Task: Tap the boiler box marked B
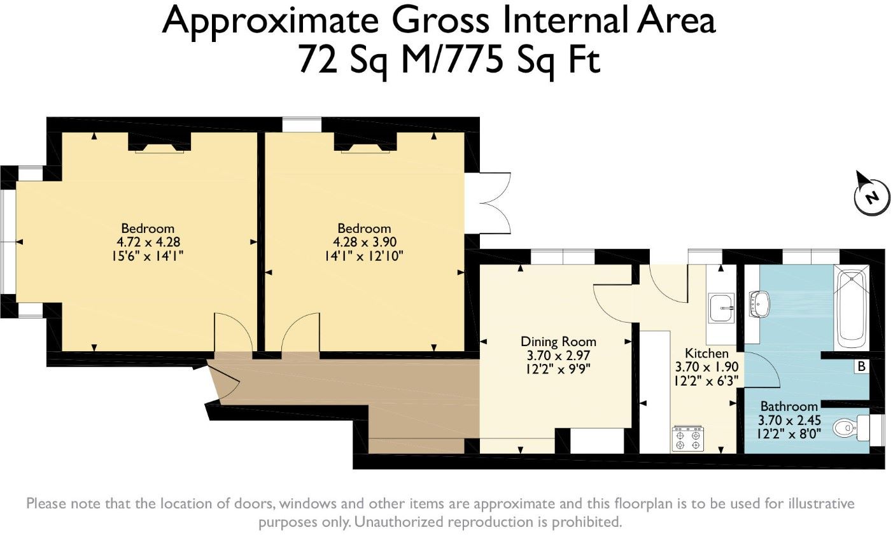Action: [862, 366]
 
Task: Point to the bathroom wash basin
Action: [759, 305]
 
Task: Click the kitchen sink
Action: [721, 307]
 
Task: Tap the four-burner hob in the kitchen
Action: [688, 439]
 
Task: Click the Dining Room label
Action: [558, 342]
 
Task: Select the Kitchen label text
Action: [707, 353]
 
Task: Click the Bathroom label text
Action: [789, 407]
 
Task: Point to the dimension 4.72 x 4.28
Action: [148, 242]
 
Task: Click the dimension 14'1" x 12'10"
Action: [364, 256]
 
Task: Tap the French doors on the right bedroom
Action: [495, 203]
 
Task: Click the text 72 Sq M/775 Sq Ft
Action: [449, 60]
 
